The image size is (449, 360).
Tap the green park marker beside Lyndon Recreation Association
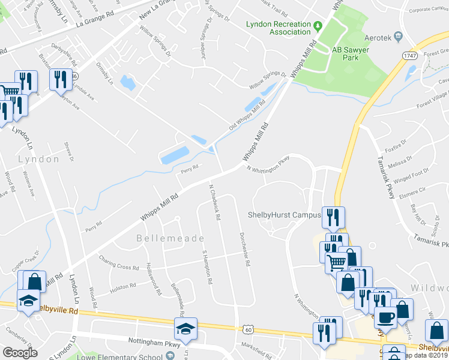coord(318,25)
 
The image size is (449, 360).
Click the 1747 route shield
coord(410,56)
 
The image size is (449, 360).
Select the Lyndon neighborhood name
coord(39,159)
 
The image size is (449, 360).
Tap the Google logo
coord(20,353)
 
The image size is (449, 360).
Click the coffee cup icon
coord(386,316)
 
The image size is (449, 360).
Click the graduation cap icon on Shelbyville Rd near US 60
coord(185,328)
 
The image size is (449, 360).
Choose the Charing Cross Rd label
coord(119,262)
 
